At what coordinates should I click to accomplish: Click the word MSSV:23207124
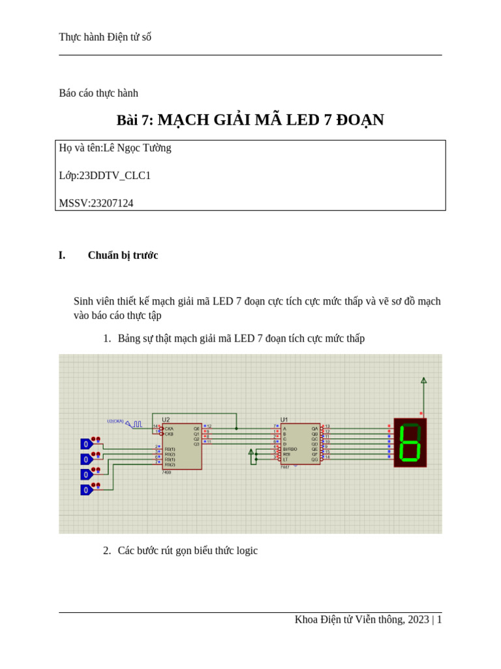pyautogui.click(x=96, y=203)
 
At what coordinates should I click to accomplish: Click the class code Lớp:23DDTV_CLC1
pyautogui.click(x=104, y=175)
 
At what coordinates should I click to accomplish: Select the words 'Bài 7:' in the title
pyautogui.click(x=134, y=120)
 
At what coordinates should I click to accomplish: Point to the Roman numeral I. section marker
pyautogui.click(x=62, y=255)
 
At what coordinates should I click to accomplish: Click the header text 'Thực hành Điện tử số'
pyautogui.click(x=105, y=37)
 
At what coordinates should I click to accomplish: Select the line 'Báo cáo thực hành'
pyautogui.click(x=99, y=93)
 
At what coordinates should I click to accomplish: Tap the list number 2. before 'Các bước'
pyautogui.click(x=107, y=551)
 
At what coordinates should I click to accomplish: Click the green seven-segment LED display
pyautogui.click(x=410, y=442)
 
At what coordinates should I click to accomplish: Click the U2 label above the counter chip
pyautogui.click(x=166, y=419)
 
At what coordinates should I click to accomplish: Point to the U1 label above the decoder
pyautogui.click(x=284, y=419)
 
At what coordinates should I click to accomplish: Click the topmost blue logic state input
pyautogui.click(x=86, y=444)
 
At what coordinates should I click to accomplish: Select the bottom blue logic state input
pyautogui.click(x=86, y=490)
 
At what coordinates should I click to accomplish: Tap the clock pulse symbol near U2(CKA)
pyautogui.click(x=137, y=424)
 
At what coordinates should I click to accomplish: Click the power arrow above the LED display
pyautogui.click(x=423, y=380)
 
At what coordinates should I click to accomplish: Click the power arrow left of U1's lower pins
pyautogui.click(x=251, y=451)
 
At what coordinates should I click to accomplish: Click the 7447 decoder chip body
pyautogui.click(x=300, y=444)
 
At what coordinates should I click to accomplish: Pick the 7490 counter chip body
pyautogui.click(x=182, y=446)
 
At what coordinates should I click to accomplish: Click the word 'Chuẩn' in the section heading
pyautogui.click(x=104, y=255)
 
